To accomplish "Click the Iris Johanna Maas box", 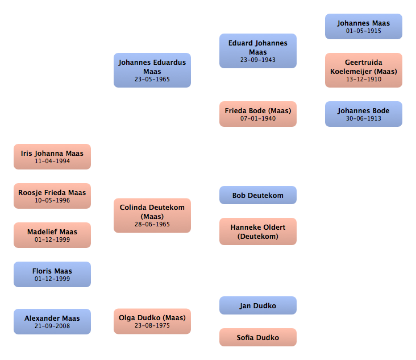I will tap(52, 156).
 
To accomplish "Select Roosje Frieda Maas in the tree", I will tap(52, 196).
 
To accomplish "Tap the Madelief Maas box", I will tap(52, 235).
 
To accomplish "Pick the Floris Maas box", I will tap(52, 274).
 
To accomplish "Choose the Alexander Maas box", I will tap(52, 321).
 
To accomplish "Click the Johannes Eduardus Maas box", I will tap(152, 70).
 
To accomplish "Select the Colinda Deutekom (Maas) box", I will tap(152, 216).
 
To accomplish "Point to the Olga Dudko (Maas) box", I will tap(152, 321).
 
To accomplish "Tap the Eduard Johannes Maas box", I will tap(258, 51).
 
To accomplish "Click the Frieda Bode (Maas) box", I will tap(258, 114).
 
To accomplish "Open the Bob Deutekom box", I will tap(258, 195).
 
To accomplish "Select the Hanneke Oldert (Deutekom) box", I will tap(258, 231).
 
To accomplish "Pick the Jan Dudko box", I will tap(258, 305).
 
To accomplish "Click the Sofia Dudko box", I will tap(258, 337).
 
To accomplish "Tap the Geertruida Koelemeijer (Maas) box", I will tap(364, 70).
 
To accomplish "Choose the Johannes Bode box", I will tap(364, 114).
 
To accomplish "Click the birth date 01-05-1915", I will tap(364, 31).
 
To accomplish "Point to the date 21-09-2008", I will tap(52, 326).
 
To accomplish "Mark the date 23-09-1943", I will tap(258, 60).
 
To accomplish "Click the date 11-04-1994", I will tap(52, 162).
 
